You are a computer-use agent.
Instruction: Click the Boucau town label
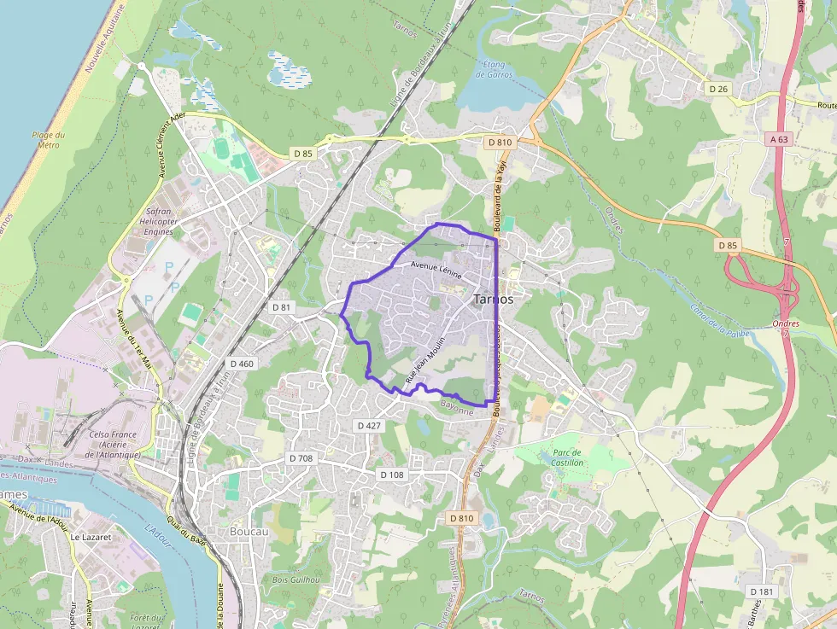(x=249, y=531)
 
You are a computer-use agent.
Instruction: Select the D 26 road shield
(x=717, y=88)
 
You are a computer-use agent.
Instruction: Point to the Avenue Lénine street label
(x=436, y=270)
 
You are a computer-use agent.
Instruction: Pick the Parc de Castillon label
(x=568, y=457)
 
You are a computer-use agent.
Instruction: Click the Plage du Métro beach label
(x=48, y=140)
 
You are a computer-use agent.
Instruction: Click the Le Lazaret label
(x=87, y=538)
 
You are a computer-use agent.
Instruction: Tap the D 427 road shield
(x=369, y=425)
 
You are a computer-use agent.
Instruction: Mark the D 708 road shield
(x=301, y=458)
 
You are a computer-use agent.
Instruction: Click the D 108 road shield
(x=393, y=475)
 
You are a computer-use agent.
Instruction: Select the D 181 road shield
(x=762, y=591)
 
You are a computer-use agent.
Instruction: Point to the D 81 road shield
(x=281, y=306)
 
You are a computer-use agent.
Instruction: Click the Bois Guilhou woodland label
(x=296, y=579)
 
